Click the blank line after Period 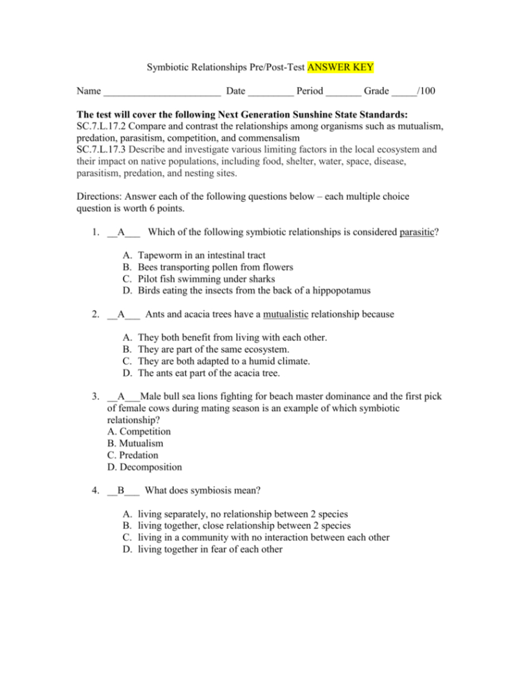click(343, 91)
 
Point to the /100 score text click(425, 91)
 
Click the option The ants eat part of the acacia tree click(209, 373)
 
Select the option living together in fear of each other click(210, 549)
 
